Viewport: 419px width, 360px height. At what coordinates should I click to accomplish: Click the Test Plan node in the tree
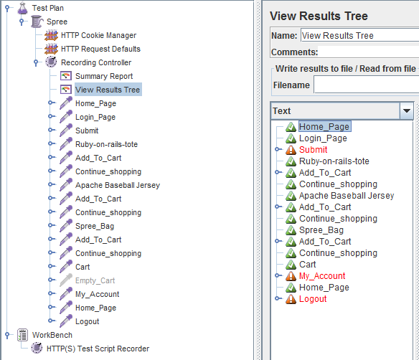tap(48, 8)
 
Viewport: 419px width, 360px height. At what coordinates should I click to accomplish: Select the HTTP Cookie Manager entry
tap(98, 35)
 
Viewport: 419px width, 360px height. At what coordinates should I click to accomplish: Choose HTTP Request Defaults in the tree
tap(100, 49)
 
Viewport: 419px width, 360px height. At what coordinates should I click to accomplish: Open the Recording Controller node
tap(96, 62)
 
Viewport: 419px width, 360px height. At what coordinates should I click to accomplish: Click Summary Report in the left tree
tap(104, 76)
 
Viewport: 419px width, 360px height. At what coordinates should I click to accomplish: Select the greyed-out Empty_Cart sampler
tap(95, 280)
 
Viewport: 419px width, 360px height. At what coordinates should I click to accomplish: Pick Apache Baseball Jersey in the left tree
tap(118, 185)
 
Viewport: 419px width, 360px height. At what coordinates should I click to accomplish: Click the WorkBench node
tap(52, 335)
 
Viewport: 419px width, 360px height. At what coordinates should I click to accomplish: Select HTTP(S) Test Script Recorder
tap(98, 349)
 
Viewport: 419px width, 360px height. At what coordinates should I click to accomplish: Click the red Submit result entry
tap(314, 150)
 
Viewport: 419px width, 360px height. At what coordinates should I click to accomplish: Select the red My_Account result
tap(322, 276)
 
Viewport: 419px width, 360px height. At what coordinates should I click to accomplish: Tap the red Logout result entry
tap(313, 299)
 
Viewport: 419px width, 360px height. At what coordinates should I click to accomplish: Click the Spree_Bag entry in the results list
tap(321, 230)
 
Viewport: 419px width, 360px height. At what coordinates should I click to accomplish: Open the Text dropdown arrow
tap(407, 111)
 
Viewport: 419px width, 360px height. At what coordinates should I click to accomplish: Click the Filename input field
tap(367, 85)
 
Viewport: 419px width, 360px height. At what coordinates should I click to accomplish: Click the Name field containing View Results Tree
tap(360, 36)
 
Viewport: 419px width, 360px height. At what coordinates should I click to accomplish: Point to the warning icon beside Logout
tap(291, 299)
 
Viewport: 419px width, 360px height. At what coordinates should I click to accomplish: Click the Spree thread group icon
tap(37, 22)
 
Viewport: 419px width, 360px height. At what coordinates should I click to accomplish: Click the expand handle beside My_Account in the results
tap(278, 275)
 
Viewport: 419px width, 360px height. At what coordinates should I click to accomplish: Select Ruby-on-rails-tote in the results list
tap(334, 161)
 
